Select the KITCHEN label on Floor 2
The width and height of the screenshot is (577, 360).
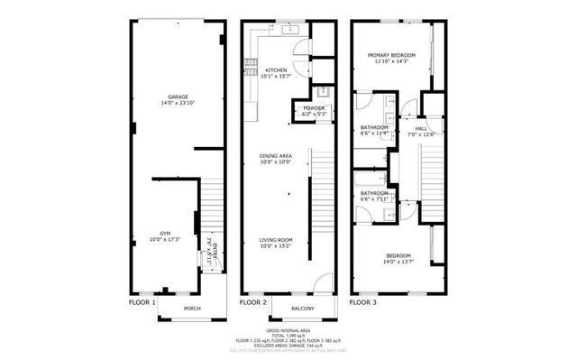(x=277, y=69)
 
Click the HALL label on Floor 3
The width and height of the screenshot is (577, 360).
(x=421, y=129)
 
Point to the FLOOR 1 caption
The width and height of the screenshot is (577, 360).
(x=142, y=302)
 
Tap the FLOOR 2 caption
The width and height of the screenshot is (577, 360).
(x=253, y=302)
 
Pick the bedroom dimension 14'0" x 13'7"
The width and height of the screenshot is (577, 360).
(x=398, y=263)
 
